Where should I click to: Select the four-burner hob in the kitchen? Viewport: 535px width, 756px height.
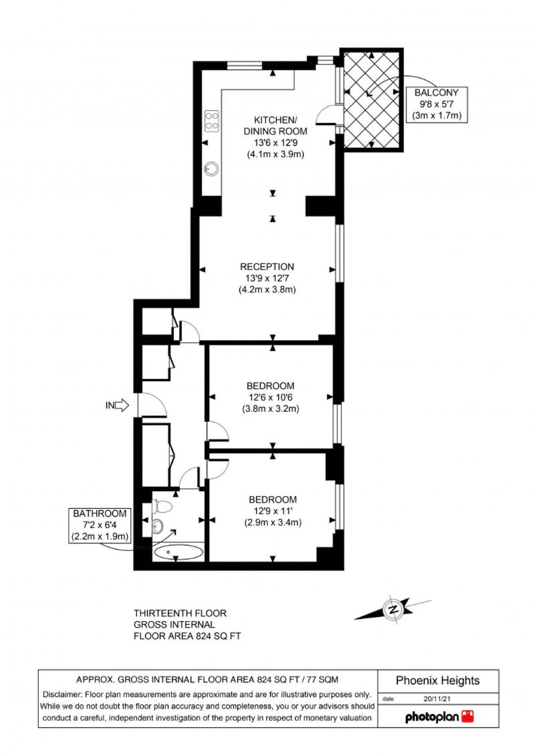pos(212,121)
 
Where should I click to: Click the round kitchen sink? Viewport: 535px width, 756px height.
pos(211,168)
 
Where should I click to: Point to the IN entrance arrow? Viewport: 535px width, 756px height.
pos(117,405)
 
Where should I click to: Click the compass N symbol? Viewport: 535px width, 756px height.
pos(393,609)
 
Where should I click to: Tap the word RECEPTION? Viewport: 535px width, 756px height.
pos(267,267)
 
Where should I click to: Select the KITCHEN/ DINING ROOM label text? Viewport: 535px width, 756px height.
pos(275,126)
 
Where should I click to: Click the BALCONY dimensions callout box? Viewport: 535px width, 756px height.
pos(437,104)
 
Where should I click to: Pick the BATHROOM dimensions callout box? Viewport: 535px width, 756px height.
pos(100,525)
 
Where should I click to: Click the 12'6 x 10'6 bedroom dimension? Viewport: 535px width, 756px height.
pos(271,397)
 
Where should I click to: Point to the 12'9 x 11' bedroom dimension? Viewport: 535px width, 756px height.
pos(273,511)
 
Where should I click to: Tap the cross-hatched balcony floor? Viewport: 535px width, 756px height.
pos(371,100)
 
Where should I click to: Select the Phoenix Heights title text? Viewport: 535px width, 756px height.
pos(437,680)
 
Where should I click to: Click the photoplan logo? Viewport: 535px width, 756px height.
pos(439,717)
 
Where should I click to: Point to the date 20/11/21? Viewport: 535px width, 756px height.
pos(437,698)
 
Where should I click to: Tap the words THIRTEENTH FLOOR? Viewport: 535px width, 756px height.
pos(180,613)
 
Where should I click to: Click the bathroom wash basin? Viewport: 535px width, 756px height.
pos(158,526)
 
